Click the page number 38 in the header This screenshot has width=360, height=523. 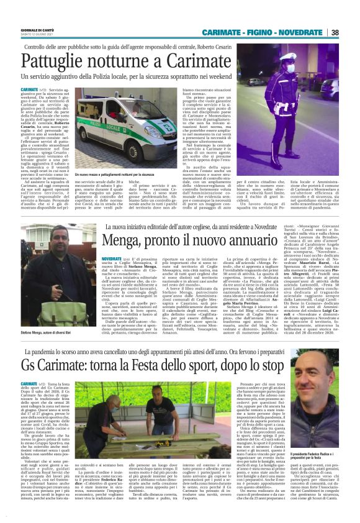pos(352,32)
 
